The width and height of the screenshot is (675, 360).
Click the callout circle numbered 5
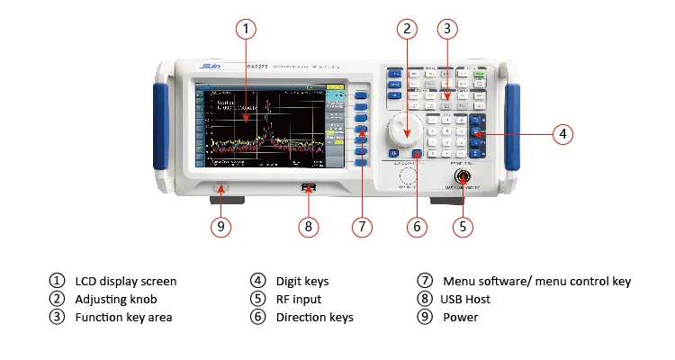pyautogui.click(x=463, y=227)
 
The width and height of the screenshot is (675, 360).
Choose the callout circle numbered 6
pyautogui.click(x=416, y=227)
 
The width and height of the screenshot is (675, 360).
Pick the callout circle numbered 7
pyautogui.click(x=361, y=227)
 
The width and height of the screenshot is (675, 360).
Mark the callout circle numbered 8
pyautogui.click(x=308, y=227)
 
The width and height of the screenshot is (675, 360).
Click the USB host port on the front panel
pyautogui.click(x=309, y=188)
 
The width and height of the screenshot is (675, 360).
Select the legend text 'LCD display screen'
pyautogui.click(x=126, y=282)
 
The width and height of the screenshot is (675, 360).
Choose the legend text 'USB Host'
pyautogui.click(x=465, y=299)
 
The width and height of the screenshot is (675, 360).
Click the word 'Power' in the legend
pyautogui.click(x=460, y=317)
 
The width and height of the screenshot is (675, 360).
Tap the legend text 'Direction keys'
pyautogui.click(x=315, y=317)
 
